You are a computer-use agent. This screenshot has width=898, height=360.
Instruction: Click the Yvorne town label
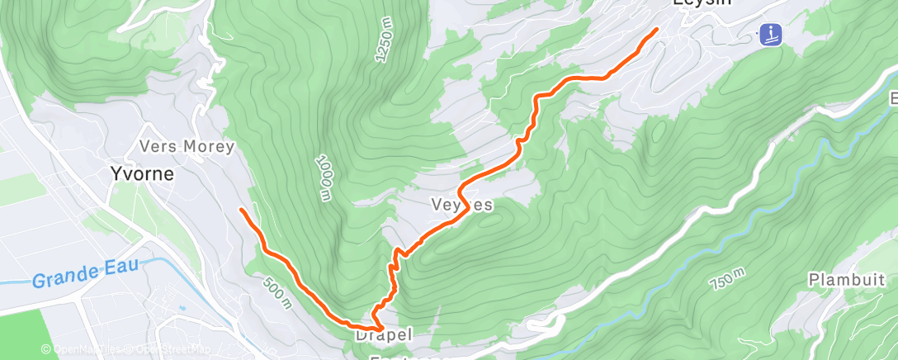coord(142,174)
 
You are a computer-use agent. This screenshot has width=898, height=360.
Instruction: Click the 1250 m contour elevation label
coord(385,41)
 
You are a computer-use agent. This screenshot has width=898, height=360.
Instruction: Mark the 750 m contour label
coord(726,279)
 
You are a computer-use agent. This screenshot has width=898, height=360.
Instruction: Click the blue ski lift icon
coord(770,35)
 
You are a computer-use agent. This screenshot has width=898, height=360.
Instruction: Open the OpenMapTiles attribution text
coord(83,349)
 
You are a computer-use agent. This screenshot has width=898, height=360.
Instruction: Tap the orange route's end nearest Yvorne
coord(241,210)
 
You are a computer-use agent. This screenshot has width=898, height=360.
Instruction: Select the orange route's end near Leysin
coord(656,31)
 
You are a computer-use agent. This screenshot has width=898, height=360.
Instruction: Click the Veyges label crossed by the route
coord(461,204)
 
